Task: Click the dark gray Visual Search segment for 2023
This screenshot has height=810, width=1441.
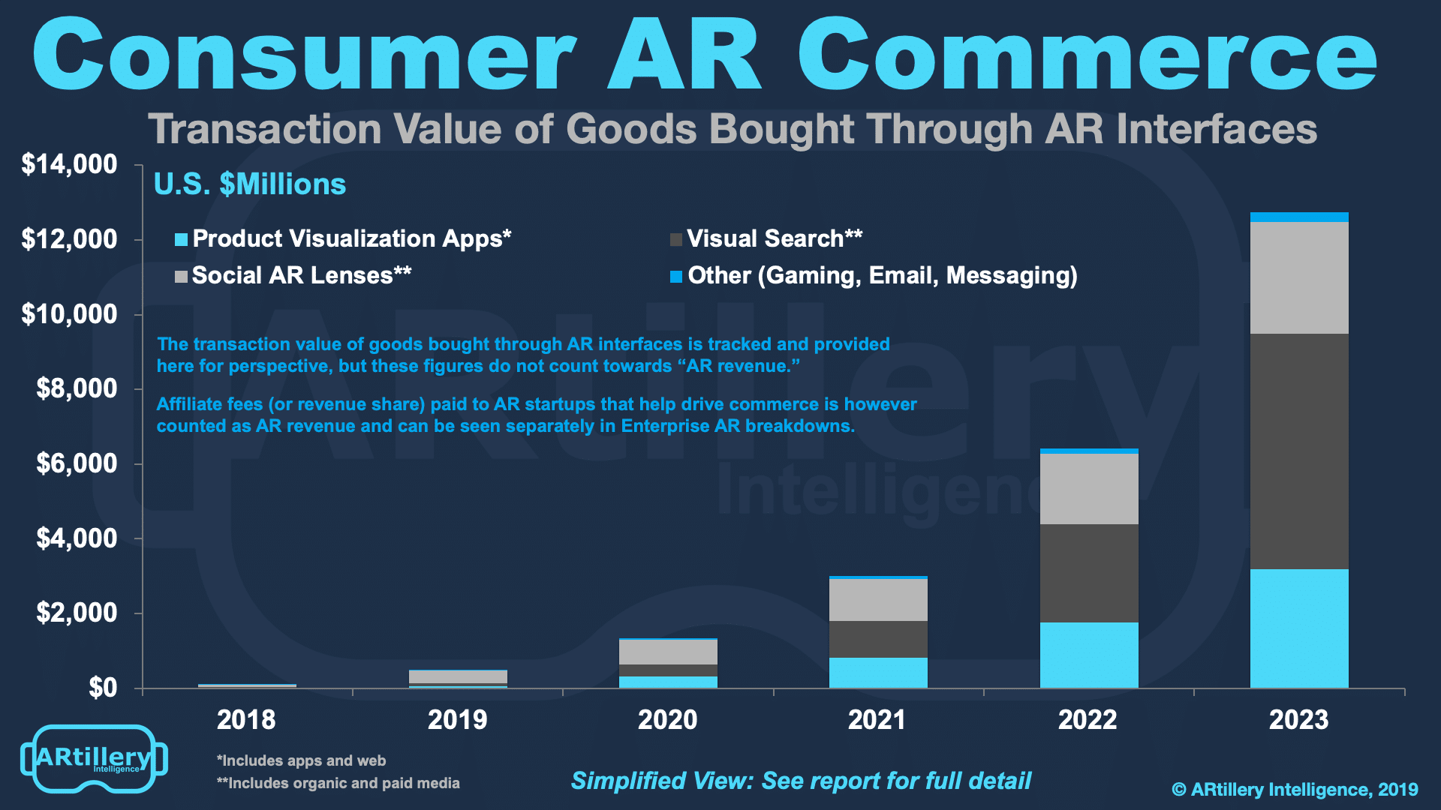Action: (x=1299, y=451)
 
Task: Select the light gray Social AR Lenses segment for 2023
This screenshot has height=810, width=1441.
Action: (x=1299, y=277)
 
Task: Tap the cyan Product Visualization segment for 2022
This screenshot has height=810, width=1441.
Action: (x=1089, y=655)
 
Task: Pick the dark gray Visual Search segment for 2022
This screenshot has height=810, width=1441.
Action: (x=1089, y=572)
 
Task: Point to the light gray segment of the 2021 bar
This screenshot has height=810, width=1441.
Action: (x=878, y=599)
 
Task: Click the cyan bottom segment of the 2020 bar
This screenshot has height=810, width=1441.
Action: (x=668, y=682)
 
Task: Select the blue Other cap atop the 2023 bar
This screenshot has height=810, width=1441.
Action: (x=1299, y=217)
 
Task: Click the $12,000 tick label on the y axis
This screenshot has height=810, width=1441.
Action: (x=70, y=239)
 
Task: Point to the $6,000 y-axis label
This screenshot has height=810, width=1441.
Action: (x=77, y=463)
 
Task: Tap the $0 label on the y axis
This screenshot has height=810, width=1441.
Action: (x=103, y=688)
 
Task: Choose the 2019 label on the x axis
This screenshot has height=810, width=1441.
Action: (x=457, y=720)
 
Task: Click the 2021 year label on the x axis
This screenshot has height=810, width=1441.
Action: (x=877, y=720)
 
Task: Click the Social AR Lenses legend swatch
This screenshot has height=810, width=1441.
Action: (x=181, y=277)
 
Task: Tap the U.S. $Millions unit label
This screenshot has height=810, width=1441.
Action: (x=250, y=184)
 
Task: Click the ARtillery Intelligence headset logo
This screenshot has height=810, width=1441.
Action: (x=94, y=758)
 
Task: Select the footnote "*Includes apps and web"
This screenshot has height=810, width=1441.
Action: (x=301, y=760)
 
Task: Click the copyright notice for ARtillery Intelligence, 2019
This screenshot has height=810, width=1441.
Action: (x=1295, y=790)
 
